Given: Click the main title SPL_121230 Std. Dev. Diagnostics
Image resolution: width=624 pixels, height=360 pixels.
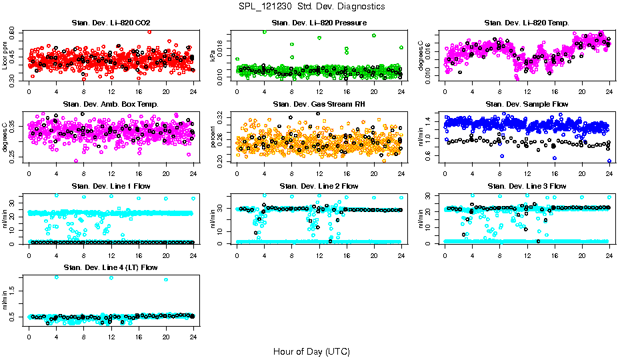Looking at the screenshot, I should pos(311,6).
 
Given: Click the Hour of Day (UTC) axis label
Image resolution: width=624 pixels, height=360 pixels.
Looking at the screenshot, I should pos(311,351).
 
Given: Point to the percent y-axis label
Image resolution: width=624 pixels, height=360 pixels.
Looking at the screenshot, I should pos(213,137).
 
